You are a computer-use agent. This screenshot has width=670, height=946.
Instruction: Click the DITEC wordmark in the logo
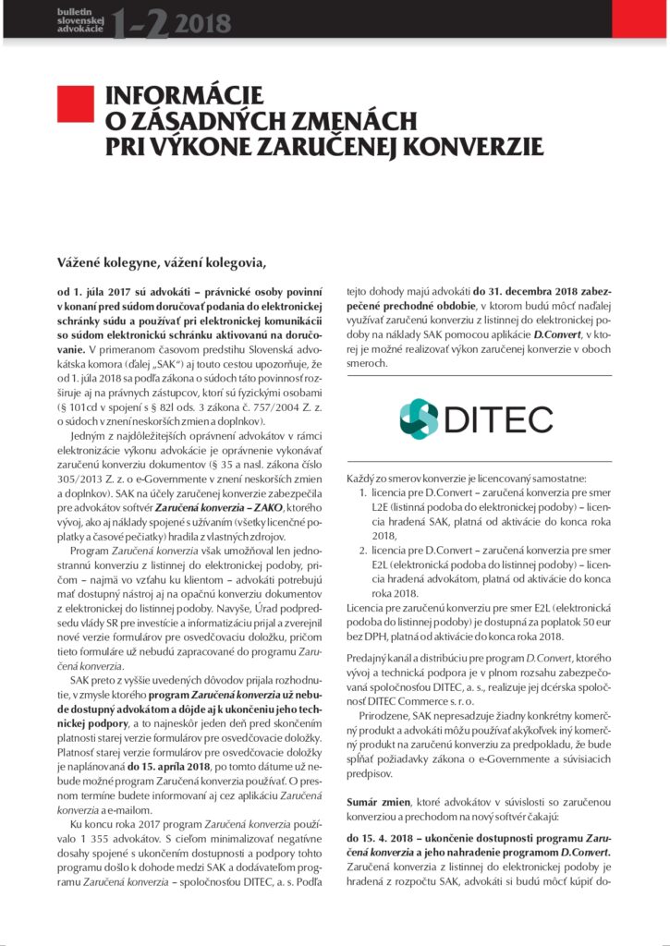pos(505,419)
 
